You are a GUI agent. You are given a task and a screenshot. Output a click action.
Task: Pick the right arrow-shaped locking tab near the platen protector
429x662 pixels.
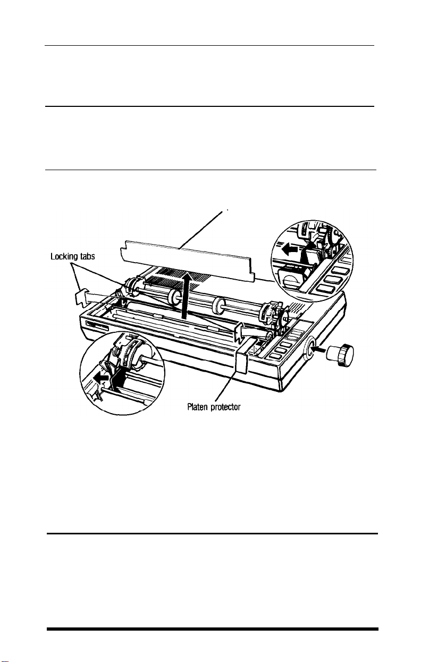coord(238,336)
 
